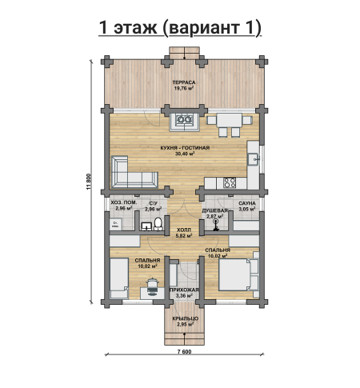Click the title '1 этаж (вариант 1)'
pos(180,27)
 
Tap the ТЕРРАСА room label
pos(184,82)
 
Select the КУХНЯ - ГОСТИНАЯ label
pos(185,148)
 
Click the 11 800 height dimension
pos(89,182)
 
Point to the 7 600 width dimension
pos(184,351)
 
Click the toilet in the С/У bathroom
pos(158,224)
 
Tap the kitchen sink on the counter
pos(253,159)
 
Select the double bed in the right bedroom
pos(238,274)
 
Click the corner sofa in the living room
pos(134,173)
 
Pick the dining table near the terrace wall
pos(230,120)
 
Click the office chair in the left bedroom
pos(153,286)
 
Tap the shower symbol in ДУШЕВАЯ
pos(215,222)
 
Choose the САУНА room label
pos(247,203)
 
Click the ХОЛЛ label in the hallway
pos(184,230)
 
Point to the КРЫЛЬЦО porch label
pos(185,318)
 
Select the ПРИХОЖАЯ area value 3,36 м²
pos(184,296)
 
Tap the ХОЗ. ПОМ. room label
pos(124,202)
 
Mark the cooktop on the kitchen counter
pos(230,182)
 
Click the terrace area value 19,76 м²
pos(184,88)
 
